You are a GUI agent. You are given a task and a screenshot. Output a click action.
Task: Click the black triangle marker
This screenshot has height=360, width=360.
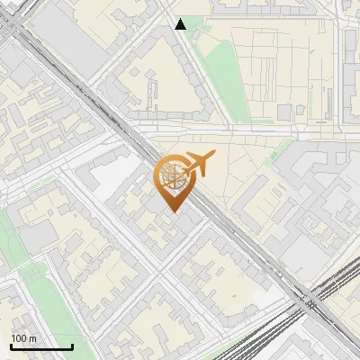pyautogui.click(x=181, y=24)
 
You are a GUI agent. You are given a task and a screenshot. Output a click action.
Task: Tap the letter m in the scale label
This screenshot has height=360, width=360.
pyautogui.click(x=33, y=338)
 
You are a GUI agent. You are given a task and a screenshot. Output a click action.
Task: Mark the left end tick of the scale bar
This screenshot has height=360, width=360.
pyautogui.click(x=11, y=346)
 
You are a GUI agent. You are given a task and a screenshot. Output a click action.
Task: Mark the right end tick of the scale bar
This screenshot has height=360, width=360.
pyautogui.click(x=72, y=346)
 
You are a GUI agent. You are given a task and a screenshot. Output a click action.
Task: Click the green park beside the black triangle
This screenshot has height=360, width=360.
pyautogui.click(x=216, y=67)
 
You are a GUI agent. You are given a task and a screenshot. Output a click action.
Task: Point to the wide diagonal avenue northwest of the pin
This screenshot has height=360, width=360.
pyautogui.click(x=99, y=99)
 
